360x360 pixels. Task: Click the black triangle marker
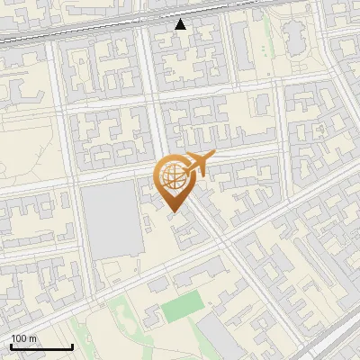pos(181,24)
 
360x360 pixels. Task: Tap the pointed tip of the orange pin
pos(172,211)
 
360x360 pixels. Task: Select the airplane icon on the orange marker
pos(197,165)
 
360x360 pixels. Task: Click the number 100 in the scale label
pos(18,338)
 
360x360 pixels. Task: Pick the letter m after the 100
pos(31,338)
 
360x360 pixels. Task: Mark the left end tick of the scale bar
pos(10,346)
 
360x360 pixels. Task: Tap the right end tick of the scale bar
pos(72,346)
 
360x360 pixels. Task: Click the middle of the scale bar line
pos(40,347)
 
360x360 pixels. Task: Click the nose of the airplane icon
pos(212,157)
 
